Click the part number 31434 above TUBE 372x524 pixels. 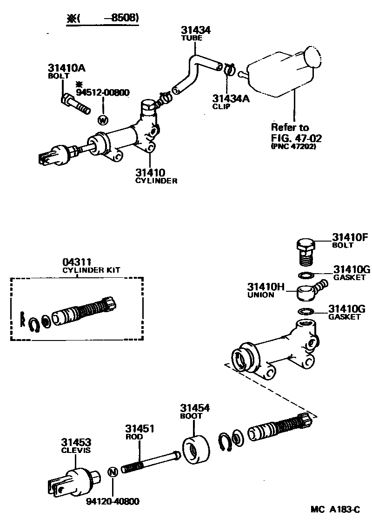(x=196, y=30)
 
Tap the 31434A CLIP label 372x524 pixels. (x=228, y=102)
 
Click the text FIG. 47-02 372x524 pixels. (x=296, y=138)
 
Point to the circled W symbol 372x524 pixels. (x=103, y=120)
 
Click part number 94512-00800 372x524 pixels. (x=102, y=92)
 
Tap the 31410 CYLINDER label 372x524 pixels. (x=155, y=176)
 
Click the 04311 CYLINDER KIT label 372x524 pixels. (x=91, y=266)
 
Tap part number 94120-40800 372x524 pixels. (x=113, y=502)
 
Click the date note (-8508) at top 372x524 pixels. (x=103, y=18)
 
